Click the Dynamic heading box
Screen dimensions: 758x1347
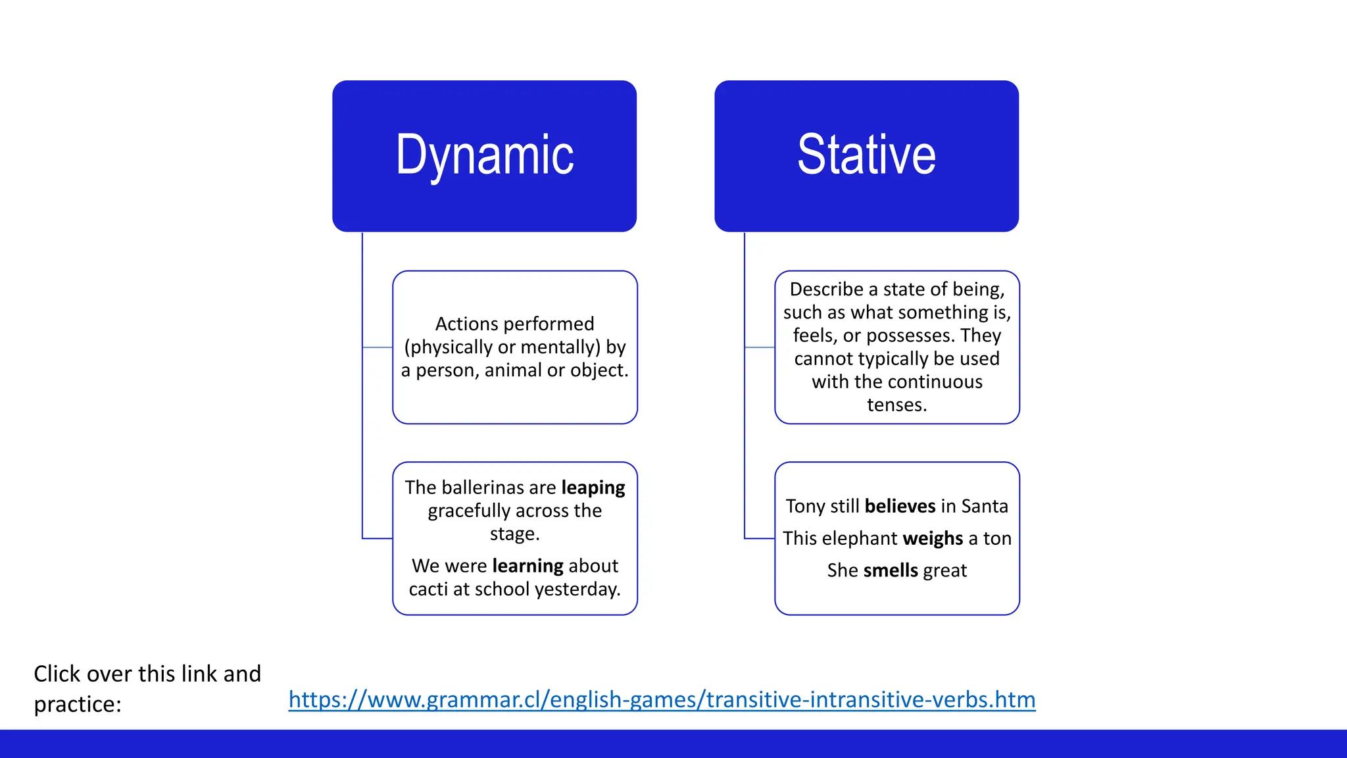click(x=484, y=156)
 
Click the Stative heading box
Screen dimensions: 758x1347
click(x=866, y=156)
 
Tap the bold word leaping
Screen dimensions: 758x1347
click(x=593, y=488)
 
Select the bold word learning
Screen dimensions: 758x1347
click(x=527, y=566)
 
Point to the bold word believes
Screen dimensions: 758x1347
click(x=900, y=506)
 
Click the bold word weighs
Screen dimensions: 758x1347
click(x=933, y=538)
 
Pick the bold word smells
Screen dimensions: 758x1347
click(x=891, y=570)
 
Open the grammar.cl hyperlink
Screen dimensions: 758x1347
click(x=662, y=699)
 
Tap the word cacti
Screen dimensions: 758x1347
click(x=428, y=589)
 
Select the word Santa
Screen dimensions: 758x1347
click(x=984, y=506)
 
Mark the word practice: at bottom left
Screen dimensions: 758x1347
click(x=78, y=704)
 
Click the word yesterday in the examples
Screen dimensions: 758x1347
click(x=577, y=589)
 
